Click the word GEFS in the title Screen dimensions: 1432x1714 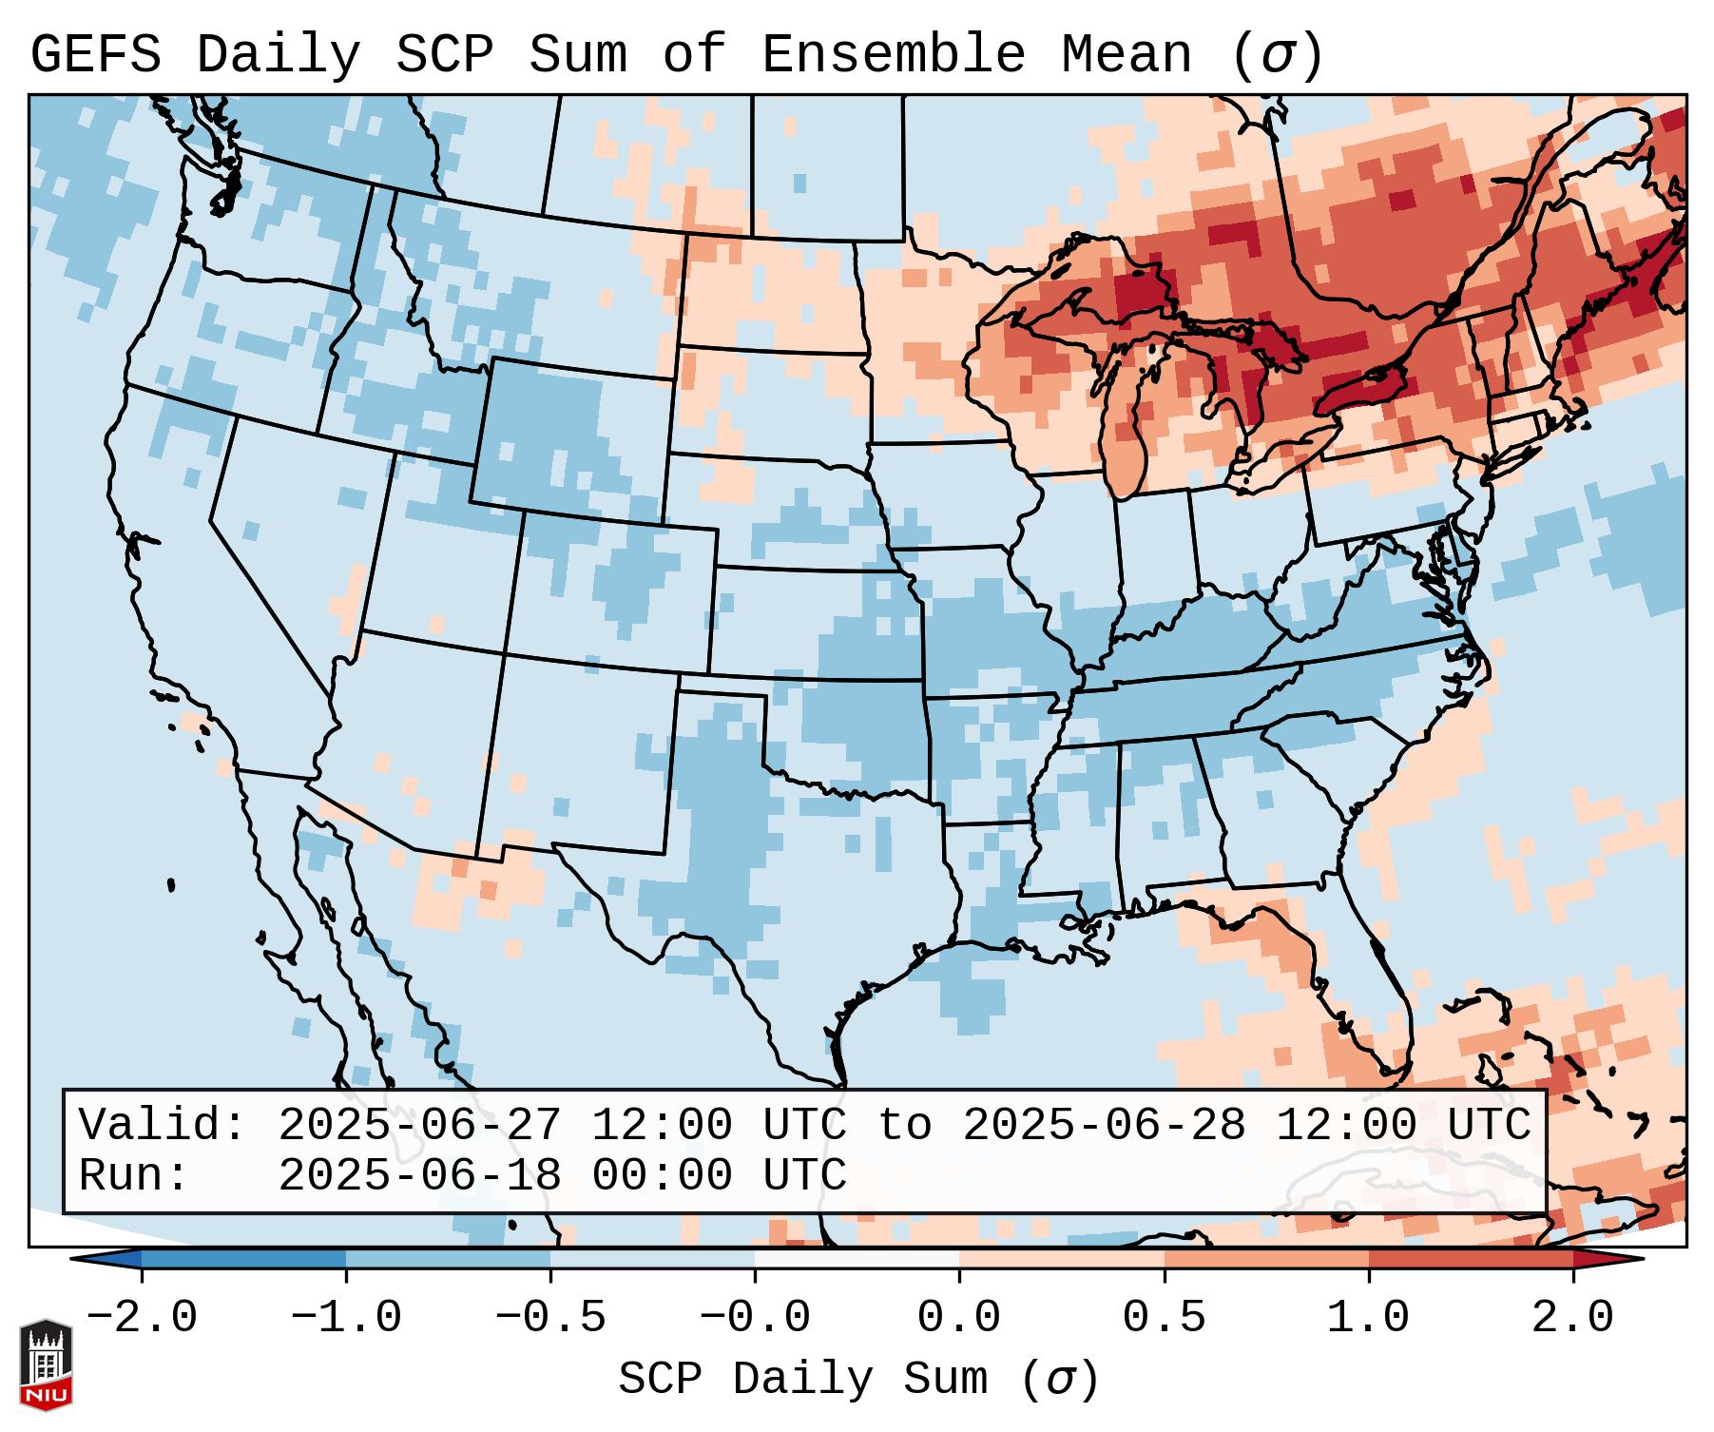pyautogui.click(x=95, y=55)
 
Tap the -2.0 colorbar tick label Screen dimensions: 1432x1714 pyautogui.click(x=142, y=1318)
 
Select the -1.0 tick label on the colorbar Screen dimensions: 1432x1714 pyautogui.click(x=346, y=1318)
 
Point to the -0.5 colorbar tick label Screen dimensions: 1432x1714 pyautogui.click(x=550, y=1318)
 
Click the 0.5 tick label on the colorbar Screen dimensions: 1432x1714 pyautogui.click(x=1165, y=1318)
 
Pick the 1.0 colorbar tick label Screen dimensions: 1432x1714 pyautogui.click(x=1369, y=1318)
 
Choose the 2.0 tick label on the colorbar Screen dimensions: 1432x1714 pyautogui.click(x=1573, y=1318)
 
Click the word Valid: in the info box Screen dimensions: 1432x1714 pyautogui.click(x=163, y=1126)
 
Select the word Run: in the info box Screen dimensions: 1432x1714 pyautogui.click(x=134, y=1176)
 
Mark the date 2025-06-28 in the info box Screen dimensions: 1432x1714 pyautogui.click(x=1105, y=1126)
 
